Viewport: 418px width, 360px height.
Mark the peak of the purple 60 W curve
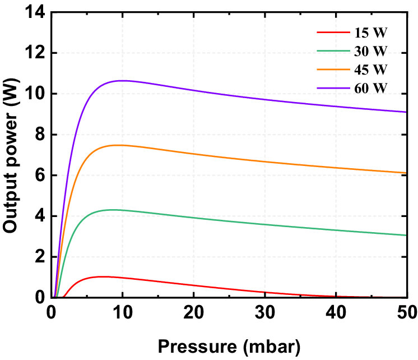[x=122, y=80]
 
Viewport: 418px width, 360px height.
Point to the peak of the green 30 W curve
[x=113, y=210]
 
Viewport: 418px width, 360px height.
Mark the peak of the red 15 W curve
[x=103, y=276]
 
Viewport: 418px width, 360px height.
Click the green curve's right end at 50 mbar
[x=406, y=235]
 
